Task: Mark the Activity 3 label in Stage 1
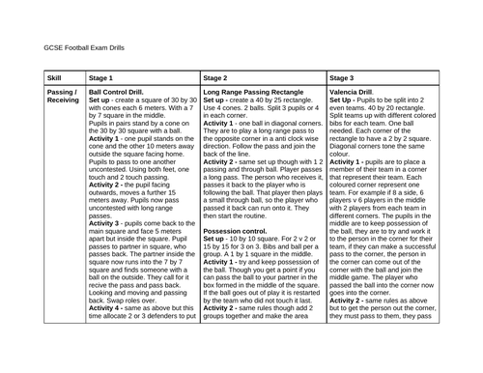(106, 249)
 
